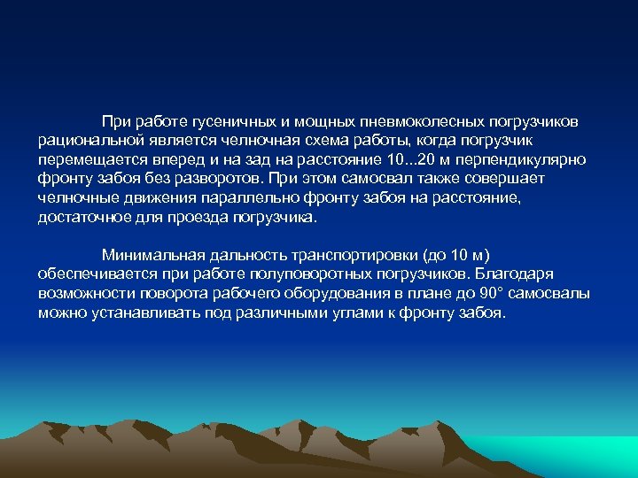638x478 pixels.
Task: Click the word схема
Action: [330, 140]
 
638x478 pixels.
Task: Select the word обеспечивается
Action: [97, 274]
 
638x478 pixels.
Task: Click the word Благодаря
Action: [523, 274]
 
